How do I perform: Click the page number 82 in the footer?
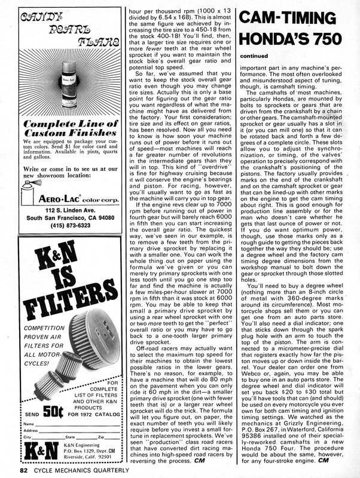pos(23,470)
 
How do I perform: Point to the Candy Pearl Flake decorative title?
pos(66,33)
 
